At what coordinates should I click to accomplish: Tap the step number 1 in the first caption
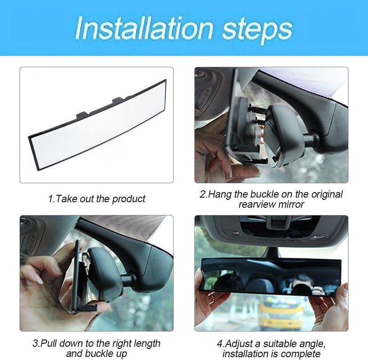pos(50,199)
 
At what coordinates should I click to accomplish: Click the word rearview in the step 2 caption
pos(260,204)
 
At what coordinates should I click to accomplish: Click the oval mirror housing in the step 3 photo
pos(106,272)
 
